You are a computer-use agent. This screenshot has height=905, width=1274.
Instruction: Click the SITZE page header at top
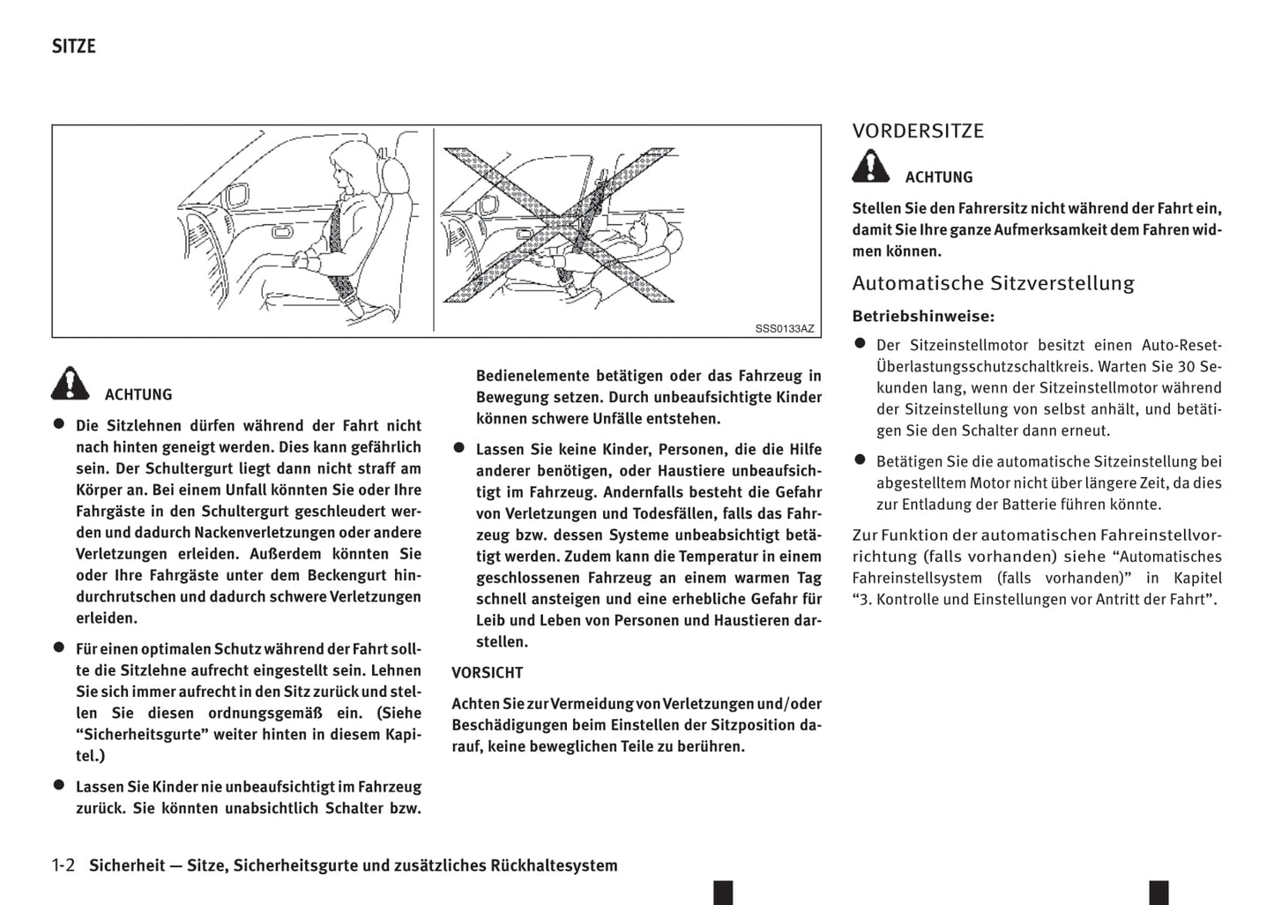coord(73,46)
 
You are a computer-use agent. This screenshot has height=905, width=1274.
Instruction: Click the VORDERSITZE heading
coord(918,131)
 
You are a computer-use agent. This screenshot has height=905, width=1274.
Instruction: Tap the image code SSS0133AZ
coord(784,328)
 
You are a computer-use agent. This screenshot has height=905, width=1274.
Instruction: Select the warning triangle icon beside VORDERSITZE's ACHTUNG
coord(870,167)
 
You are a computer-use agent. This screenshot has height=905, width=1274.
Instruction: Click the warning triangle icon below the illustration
coord(70,384)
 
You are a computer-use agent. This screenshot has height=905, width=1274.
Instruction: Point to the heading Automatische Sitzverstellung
coord(993,283)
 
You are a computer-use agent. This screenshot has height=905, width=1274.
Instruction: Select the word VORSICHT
coord(487,672)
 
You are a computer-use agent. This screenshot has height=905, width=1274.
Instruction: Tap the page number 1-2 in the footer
coord(63,865)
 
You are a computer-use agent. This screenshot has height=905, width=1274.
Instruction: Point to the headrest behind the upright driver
coord(393,172)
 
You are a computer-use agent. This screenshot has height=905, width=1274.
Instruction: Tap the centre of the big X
coord(558,225)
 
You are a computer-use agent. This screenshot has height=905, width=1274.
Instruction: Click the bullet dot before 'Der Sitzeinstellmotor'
coord(861,343)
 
